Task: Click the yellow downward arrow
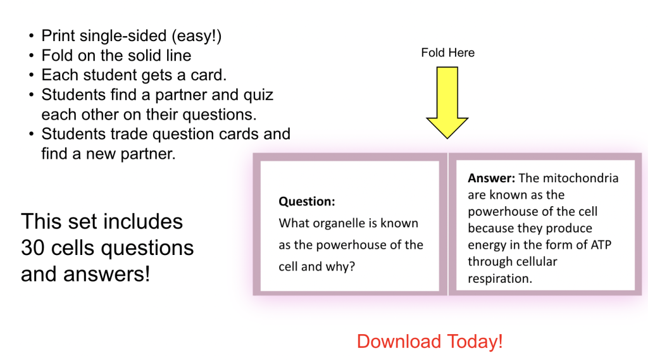[447, 102]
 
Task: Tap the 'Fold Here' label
[447, 53]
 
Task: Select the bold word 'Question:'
[307, 201]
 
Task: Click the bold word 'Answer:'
[491, 178]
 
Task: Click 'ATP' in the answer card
[601, 245]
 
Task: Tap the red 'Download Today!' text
[430, 342]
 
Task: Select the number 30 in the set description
[33, 247]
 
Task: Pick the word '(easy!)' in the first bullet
[197, 36]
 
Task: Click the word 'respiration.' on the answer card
[500, 279]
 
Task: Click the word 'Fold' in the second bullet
[56, 56]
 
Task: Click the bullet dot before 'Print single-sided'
[32, 36]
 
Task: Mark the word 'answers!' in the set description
[106, 274]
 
